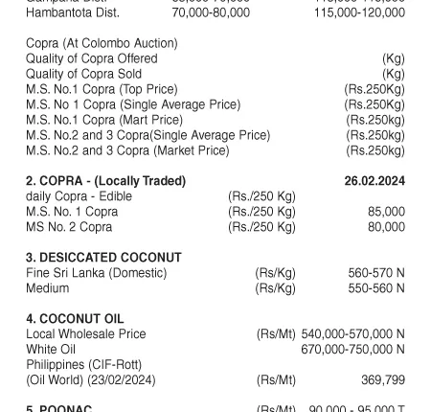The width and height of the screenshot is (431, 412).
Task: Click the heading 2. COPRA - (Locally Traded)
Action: tap(105, 181)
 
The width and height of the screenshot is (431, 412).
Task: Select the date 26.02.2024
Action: tap(374, 181)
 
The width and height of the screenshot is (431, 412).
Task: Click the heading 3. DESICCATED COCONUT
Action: tap(103, 258)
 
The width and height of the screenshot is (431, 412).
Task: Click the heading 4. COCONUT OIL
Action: tap(75, 319)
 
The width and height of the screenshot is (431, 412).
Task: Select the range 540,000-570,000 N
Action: tap(352, 334)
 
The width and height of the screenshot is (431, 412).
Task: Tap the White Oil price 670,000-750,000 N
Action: tap(352, 350)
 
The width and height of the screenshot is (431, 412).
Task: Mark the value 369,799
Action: tap(383, 380)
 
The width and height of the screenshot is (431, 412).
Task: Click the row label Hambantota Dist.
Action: tap(73, 12)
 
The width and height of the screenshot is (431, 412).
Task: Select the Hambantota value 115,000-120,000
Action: tap(359, 12)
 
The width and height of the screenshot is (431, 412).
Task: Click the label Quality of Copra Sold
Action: tap(84, 74)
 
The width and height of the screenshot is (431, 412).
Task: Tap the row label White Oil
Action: tap(51, 350)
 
